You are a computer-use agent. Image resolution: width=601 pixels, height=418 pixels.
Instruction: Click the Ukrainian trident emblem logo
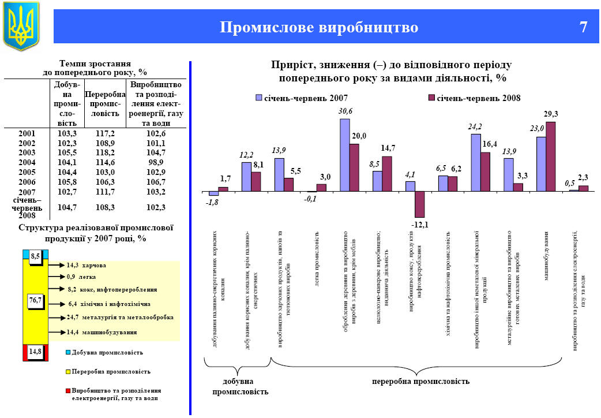pos(21,25)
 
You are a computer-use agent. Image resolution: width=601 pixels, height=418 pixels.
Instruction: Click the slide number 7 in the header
pos(583,27)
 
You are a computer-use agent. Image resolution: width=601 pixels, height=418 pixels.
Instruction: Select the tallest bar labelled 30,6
pos(345,155)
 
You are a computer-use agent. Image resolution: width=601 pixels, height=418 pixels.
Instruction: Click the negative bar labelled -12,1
pos(419,204)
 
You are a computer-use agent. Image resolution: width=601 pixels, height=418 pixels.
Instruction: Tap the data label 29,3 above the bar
pos(552,115)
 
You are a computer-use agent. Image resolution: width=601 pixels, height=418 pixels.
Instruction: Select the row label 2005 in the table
pos(27,172)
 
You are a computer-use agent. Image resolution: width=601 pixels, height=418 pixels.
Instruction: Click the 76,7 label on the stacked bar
pos(36,300)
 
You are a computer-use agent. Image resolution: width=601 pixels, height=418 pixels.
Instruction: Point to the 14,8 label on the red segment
pos(36,350)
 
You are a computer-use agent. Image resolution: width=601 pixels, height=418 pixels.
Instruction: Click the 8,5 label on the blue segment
pos(36,256)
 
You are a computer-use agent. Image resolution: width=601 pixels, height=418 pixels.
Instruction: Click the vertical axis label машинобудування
pos(546,256)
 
